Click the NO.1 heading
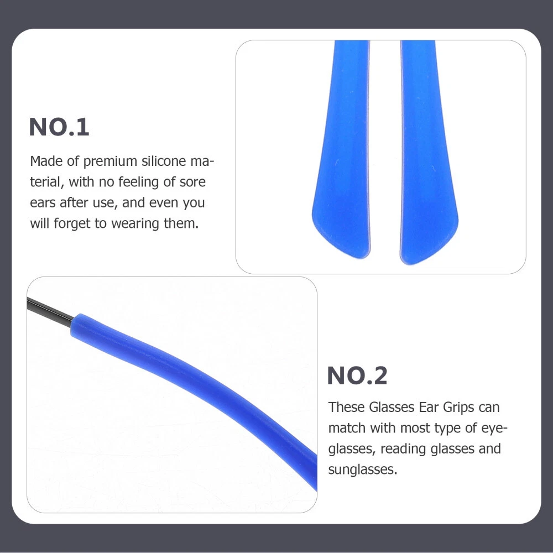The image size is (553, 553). coord(59,127)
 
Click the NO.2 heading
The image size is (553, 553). coord(357,375)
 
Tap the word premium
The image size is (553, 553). coord(110,161)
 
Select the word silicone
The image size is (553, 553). coord(164,161)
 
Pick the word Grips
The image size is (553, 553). coord(458,408)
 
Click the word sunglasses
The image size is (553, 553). coord(363,469)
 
